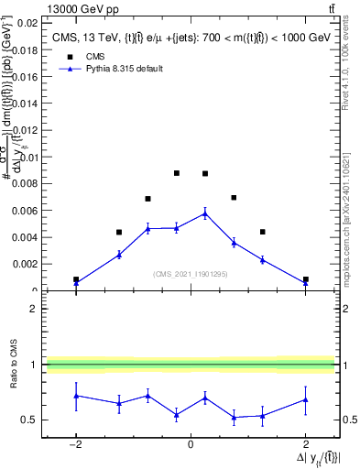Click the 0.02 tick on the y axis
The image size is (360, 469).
click(28, 23)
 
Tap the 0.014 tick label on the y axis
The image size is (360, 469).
click(26, 104)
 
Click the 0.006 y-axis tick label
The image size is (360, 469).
click(26, 211)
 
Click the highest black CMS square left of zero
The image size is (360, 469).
click(177, 173)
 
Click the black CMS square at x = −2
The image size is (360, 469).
click(76, 279)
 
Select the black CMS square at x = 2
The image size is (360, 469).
click(305, 279)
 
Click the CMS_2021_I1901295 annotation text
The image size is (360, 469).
click(190, 273)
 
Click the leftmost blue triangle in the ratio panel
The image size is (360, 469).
click(76, 396)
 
